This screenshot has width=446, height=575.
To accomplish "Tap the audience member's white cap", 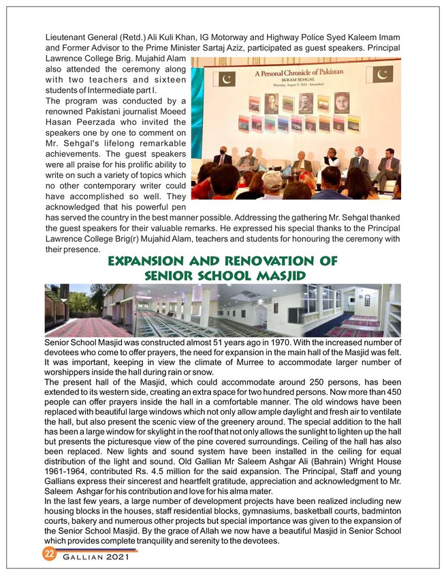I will [x=272, y=180].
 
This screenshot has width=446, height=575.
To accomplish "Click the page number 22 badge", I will [x=49, y=553].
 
